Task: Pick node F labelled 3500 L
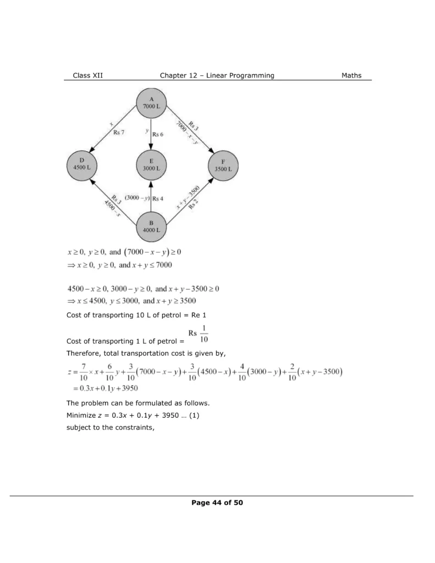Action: point(223,164)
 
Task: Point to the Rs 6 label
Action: point(158,134)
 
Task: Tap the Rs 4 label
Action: point(158,198)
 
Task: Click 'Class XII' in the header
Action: point(87,75)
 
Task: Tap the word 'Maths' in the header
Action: point(351,75)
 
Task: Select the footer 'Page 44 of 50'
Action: point(217,502)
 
